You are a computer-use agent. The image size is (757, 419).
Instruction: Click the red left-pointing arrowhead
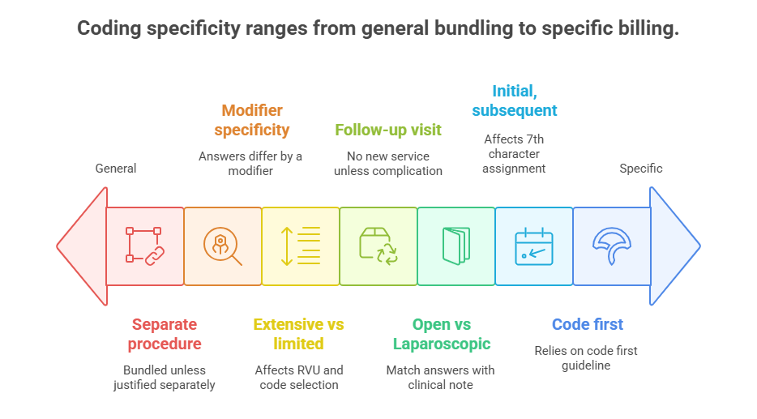82,246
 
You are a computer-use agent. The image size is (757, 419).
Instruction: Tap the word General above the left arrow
116,169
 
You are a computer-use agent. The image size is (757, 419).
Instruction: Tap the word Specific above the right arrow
641,169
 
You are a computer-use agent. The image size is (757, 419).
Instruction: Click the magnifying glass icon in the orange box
223,246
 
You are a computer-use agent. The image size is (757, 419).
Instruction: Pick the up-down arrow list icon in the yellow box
301,246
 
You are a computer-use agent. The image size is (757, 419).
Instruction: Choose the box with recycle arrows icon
378,246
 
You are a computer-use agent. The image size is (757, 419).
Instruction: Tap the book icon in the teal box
456,246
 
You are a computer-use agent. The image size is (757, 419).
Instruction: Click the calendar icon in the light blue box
534,246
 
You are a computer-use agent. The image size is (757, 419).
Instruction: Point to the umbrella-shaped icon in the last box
612,246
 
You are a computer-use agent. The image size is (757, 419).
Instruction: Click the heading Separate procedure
165,334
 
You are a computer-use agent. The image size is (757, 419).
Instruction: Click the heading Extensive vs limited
299,334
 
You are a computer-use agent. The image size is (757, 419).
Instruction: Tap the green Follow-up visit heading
388,130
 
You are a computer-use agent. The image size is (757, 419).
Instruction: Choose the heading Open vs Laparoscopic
442,334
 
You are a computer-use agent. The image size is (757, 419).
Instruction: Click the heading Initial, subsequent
515,100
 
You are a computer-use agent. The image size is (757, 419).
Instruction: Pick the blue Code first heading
588,324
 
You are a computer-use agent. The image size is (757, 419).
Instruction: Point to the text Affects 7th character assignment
514,154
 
